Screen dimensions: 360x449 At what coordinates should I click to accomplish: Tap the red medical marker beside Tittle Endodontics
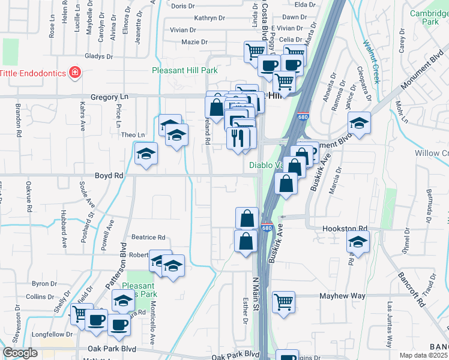75,73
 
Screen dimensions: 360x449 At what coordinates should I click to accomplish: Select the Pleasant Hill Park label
184,70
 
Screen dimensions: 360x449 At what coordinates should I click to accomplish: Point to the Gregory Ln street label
109,97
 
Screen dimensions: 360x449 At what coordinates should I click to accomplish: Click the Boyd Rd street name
109,176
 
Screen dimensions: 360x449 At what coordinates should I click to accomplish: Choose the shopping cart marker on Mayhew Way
284,302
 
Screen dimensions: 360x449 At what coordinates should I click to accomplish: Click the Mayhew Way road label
342,296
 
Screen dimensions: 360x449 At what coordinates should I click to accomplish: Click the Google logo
20,353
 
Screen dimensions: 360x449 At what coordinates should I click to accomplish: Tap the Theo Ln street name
133,135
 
